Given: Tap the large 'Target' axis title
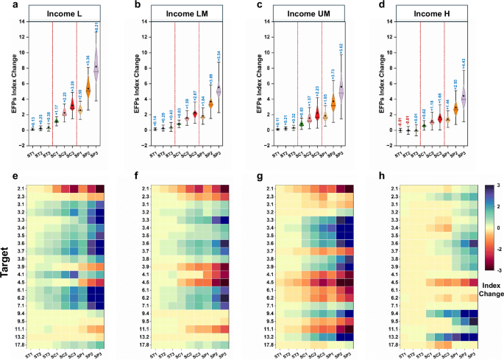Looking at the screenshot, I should (x=6, y=264).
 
